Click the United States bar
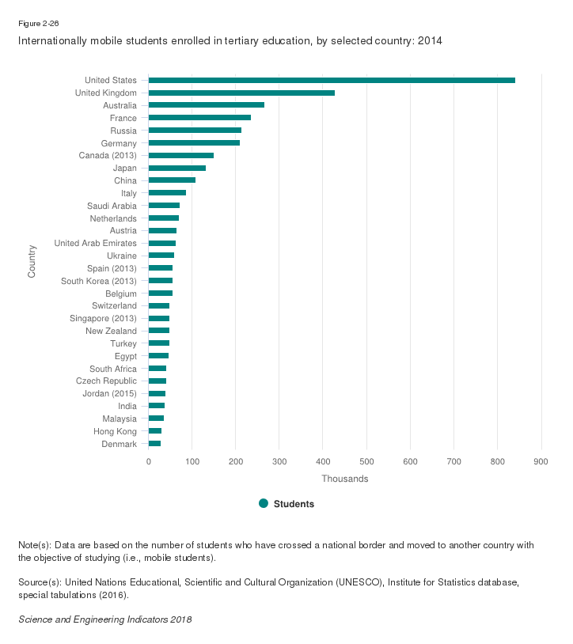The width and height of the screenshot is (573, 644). [x=332, y=80]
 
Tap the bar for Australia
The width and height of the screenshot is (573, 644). [x=207, y=105]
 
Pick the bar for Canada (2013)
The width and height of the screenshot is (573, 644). [x=181, y=156]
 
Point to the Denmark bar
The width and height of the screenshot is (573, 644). [x=155, y=444]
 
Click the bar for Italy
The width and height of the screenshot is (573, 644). [x=167, y=193]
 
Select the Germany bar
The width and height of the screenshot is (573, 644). [x=194, y=143]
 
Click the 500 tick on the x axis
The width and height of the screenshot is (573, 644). [x=366, y=461]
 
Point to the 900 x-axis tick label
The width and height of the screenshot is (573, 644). [x=541, y=461]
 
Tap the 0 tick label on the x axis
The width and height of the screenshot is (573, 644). [x=149, y=461]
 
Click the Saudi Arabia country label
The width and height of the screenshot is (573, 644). [x=112, y=206]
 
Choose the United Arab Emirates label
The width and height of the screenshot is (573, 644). [x=95, y=243]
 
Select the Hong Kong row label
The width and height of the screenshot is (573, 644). [x=114, y=431]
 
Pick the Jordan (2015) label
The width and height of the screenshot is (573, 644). [x=109, y=393]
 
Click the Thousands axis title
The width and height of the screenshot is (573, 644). [x=344, y=479]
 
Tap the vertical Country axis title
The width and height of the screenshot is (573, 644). [x=32, y=262]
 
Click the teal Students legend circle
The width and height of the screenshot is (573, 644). [x=264, y=503]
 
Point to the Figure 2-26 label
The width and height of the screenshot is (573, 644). [x=38, y=24]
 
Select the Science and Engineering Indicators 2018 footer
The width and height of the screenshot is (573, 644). [x=104, y=619]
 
